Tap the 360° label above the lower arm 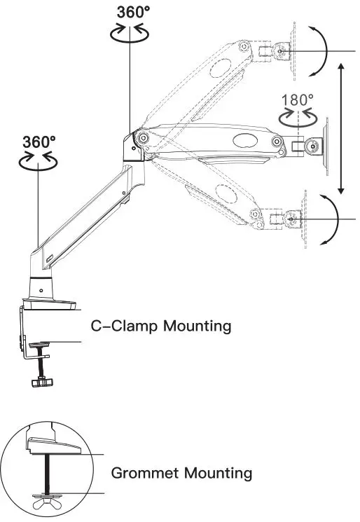pos(39,141)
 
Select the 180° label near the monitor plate pos(298,99)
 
